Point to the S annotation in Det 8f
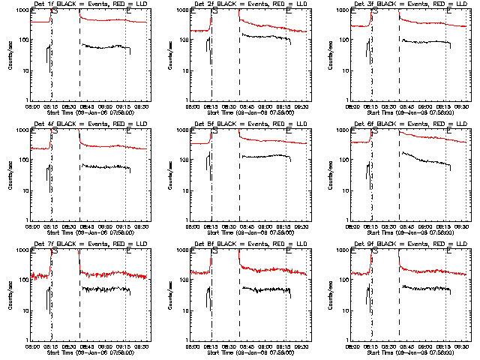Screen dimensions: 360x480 point(214,250)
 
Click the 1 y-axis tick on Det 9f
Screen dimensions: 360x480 point(346,340)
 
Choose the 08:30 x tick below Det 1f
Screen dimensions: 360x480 point(79,106)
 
